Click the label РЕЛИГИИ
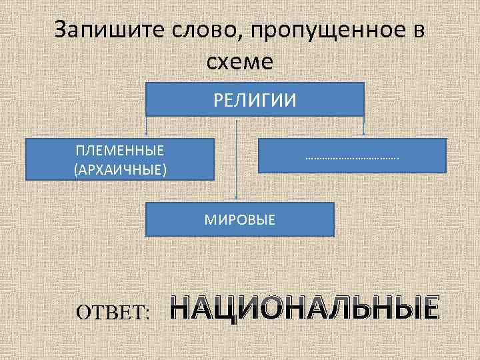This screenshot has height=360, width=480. pyautogui.click(x=255, y=100)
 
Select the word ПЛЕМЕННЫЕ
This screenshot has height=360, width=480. pyautogui.click(x=121, y=151)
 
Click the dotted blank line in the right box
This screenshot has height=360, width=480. pyautogui.click(x=351, y=158)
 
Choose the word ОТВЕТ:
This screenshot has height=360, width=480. pyautogui.click(x=113, y=312)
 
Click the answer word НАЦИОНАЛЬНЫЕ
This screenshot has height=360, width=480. pyautogui.click(x=305, y=308)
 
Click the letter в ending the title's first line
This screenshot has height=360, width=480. pyautogui.click(x=418, y=31)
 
